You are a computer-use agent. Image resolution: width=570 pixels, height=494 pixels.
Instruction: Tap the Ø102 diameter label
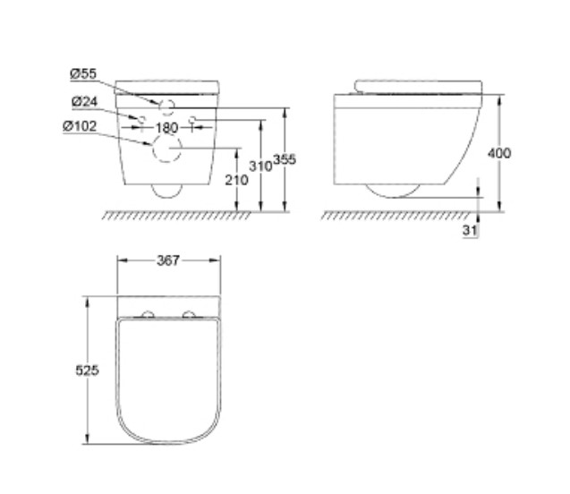[81, 126]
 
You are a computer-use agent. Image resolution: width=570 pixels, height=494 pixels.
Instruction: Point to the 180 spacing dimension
[167, 127]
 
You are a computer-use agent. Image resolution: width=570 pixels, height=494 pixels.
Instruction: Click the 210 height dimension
[237, 181]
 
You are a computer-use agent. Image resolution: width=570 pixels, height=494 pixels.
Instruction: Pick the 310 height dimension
[260, 166]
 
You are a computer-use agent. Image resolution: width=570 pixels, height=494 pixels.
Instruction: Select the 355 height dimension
[285, 159]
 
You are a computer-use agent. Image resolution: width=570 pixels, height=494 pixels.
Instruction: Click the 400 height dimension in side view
[499, 153]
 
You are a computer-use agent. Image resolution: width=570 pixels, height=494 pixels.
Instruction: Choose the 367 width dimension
[168, 260]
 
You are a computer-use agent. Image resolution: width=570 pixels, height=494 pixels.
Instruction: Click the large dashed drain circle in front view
[167, 152]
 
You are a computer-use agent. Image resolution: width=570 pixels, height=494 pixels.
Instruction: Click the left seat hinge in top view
[149, 313]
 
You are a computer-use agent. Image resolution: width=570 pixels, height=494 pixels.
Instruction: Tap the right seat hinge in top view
[189, 313]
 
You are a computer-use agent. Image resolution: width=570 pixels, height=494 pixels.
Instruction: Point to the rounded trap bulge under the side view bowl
[392, 191]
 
